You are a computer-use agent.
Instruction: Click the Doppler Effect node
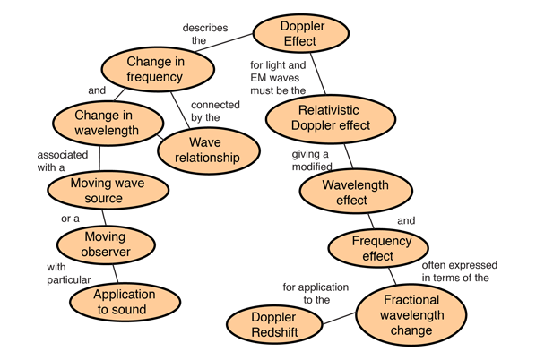[x=301, y=33]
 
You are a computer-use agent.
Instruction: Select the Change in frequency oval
[x=158, y=69]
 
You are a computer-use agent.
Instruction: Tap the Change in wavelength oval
[x=108, y=123]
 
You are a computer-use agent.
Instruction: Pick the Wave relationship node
[x=209, y=150]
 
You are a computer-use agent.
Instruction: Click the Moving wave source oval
[x=108, y=190]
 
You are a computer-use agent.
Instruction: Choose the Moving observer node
[x=106, y=244]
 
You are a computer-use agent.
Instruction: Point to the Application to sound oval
[x=125, y=302]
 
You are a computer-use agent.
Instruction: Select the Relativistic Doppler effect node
[x=331, y=118]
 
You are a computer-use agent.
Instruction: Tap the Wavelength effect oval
[x=356, y=192]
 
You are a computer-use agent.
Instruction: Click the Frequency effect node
[x=378, y=248]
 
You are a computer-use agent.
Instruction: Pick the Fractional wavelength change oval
[x=411, y=315]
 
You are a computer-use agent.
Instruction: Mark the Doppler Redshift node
[x=274, y=324]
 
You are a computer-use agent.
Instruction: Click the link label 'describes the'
[x=205, y=34]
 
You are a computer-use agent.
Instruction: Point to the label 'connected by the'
[x=215, y=111]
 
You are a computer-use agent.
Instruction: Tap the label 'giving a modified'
[x=312, y=160]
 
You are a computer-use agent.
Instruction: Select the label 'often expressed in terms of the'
[x=460, y=271]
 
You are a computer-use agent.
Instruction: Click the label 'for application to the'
[x=316, y=294]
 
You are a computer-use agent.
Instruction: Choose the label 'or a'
[x=70, y=219]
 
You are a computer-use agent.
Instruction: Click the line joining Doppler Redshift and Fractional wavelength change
[x=339, y=318]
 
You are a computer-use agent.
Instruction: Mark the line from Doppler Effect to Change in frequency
[x=224, y=43]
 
